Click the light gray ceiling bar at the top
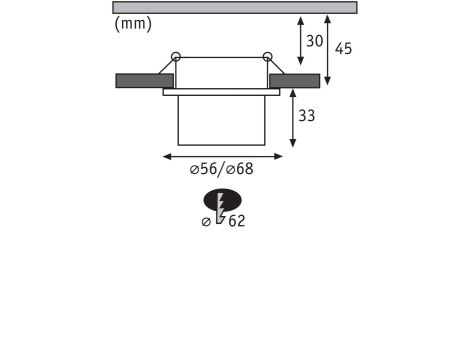[x=234, y=7]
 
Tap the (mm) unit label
[x=133, y=24]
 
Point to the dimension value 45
[x=343, y=48]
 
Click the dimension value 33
[x=306, y=116]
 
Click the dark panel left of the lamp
[x=144, y=80]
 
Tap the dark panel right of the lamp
[x=294, y=80]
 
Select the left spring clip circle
[x=176, y=56]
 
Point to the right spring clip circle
[x=267, y=56]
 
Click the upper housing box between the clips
[x=221, y=72]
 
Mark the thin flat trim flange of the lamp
[x=221, y=92]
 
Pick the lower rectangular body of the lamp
[x=221, y=120]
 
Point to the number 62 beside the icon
[x=236, y=221]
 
